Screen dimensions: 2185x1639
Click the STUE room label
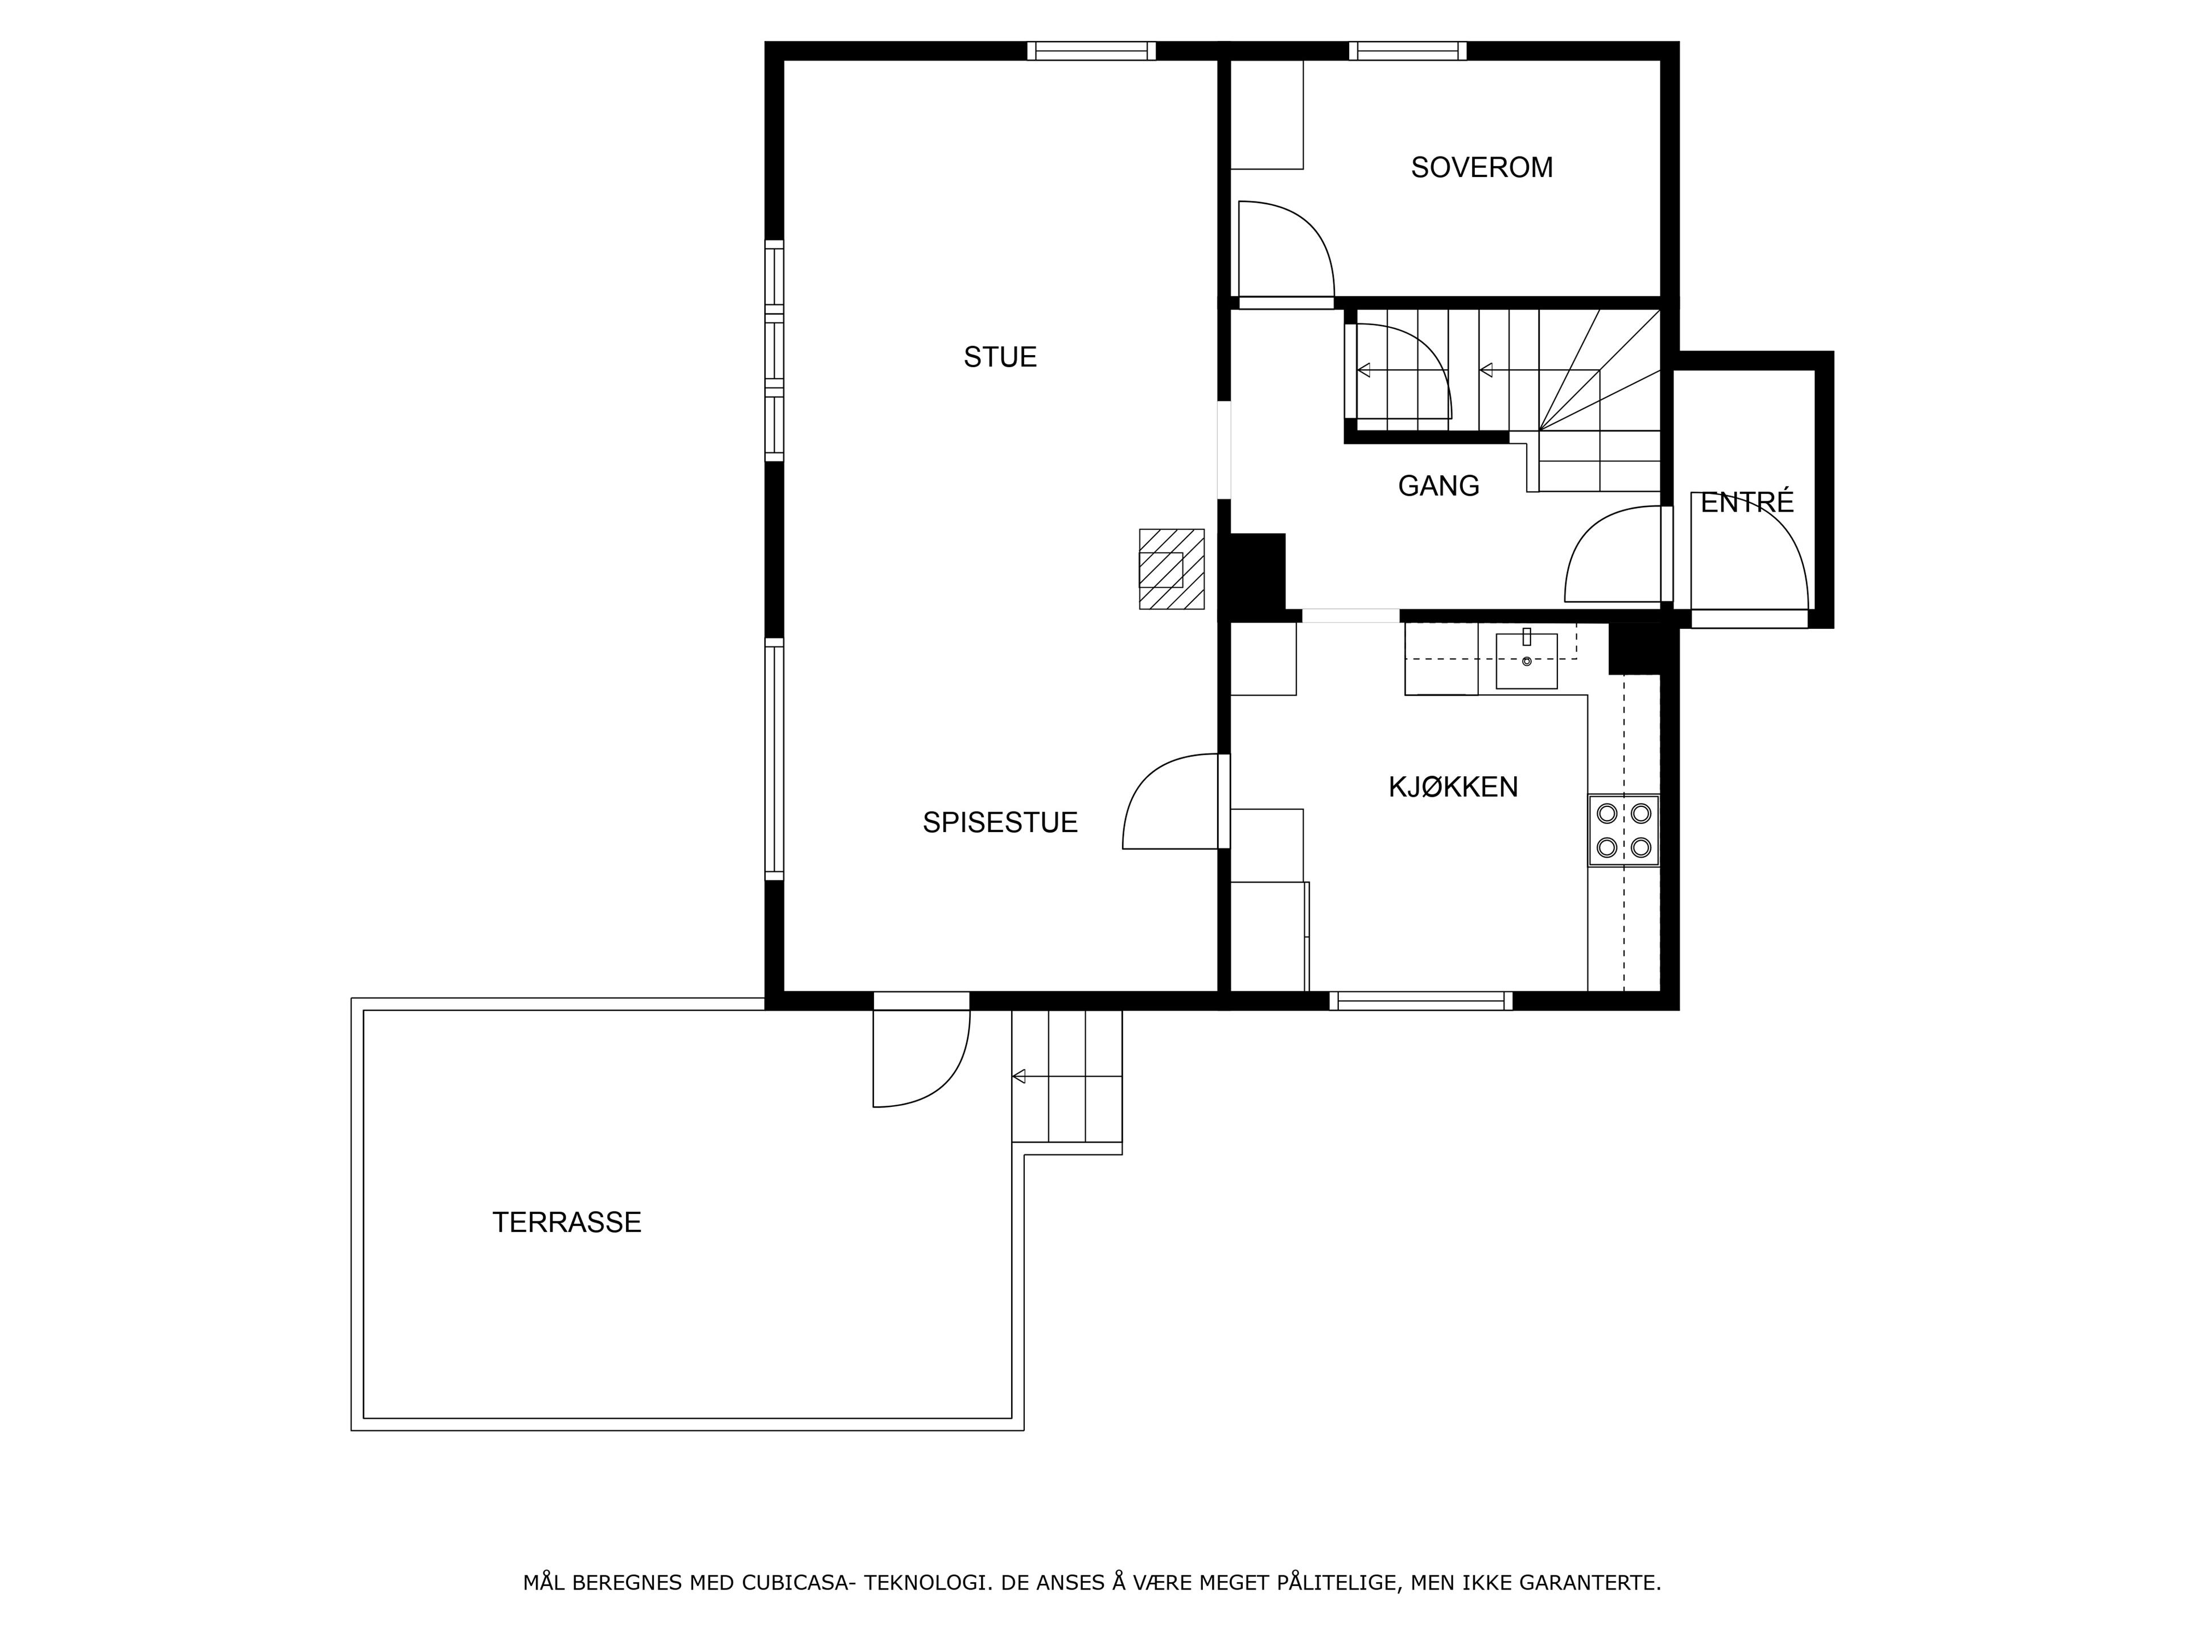1000,357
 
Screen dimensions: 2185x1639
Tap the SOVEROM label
1482,168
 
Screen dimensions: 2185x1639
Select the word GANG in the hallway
1438,486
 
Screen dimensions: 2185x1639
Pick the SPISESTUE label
1000,823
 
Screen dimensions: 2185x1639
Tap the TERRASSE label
567,1223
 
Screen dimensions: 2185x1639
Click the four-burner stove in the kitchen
1624,830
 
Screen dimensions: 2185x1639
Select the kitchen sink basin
1526,660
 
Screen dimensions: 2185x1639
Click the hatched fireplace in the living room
1172,569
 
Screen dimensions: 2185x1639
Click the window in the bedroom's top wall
1408,51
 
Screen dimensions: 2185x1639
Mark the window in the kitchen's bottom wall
1420,1001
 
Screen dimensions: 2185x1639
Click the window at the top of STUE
1091,51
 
